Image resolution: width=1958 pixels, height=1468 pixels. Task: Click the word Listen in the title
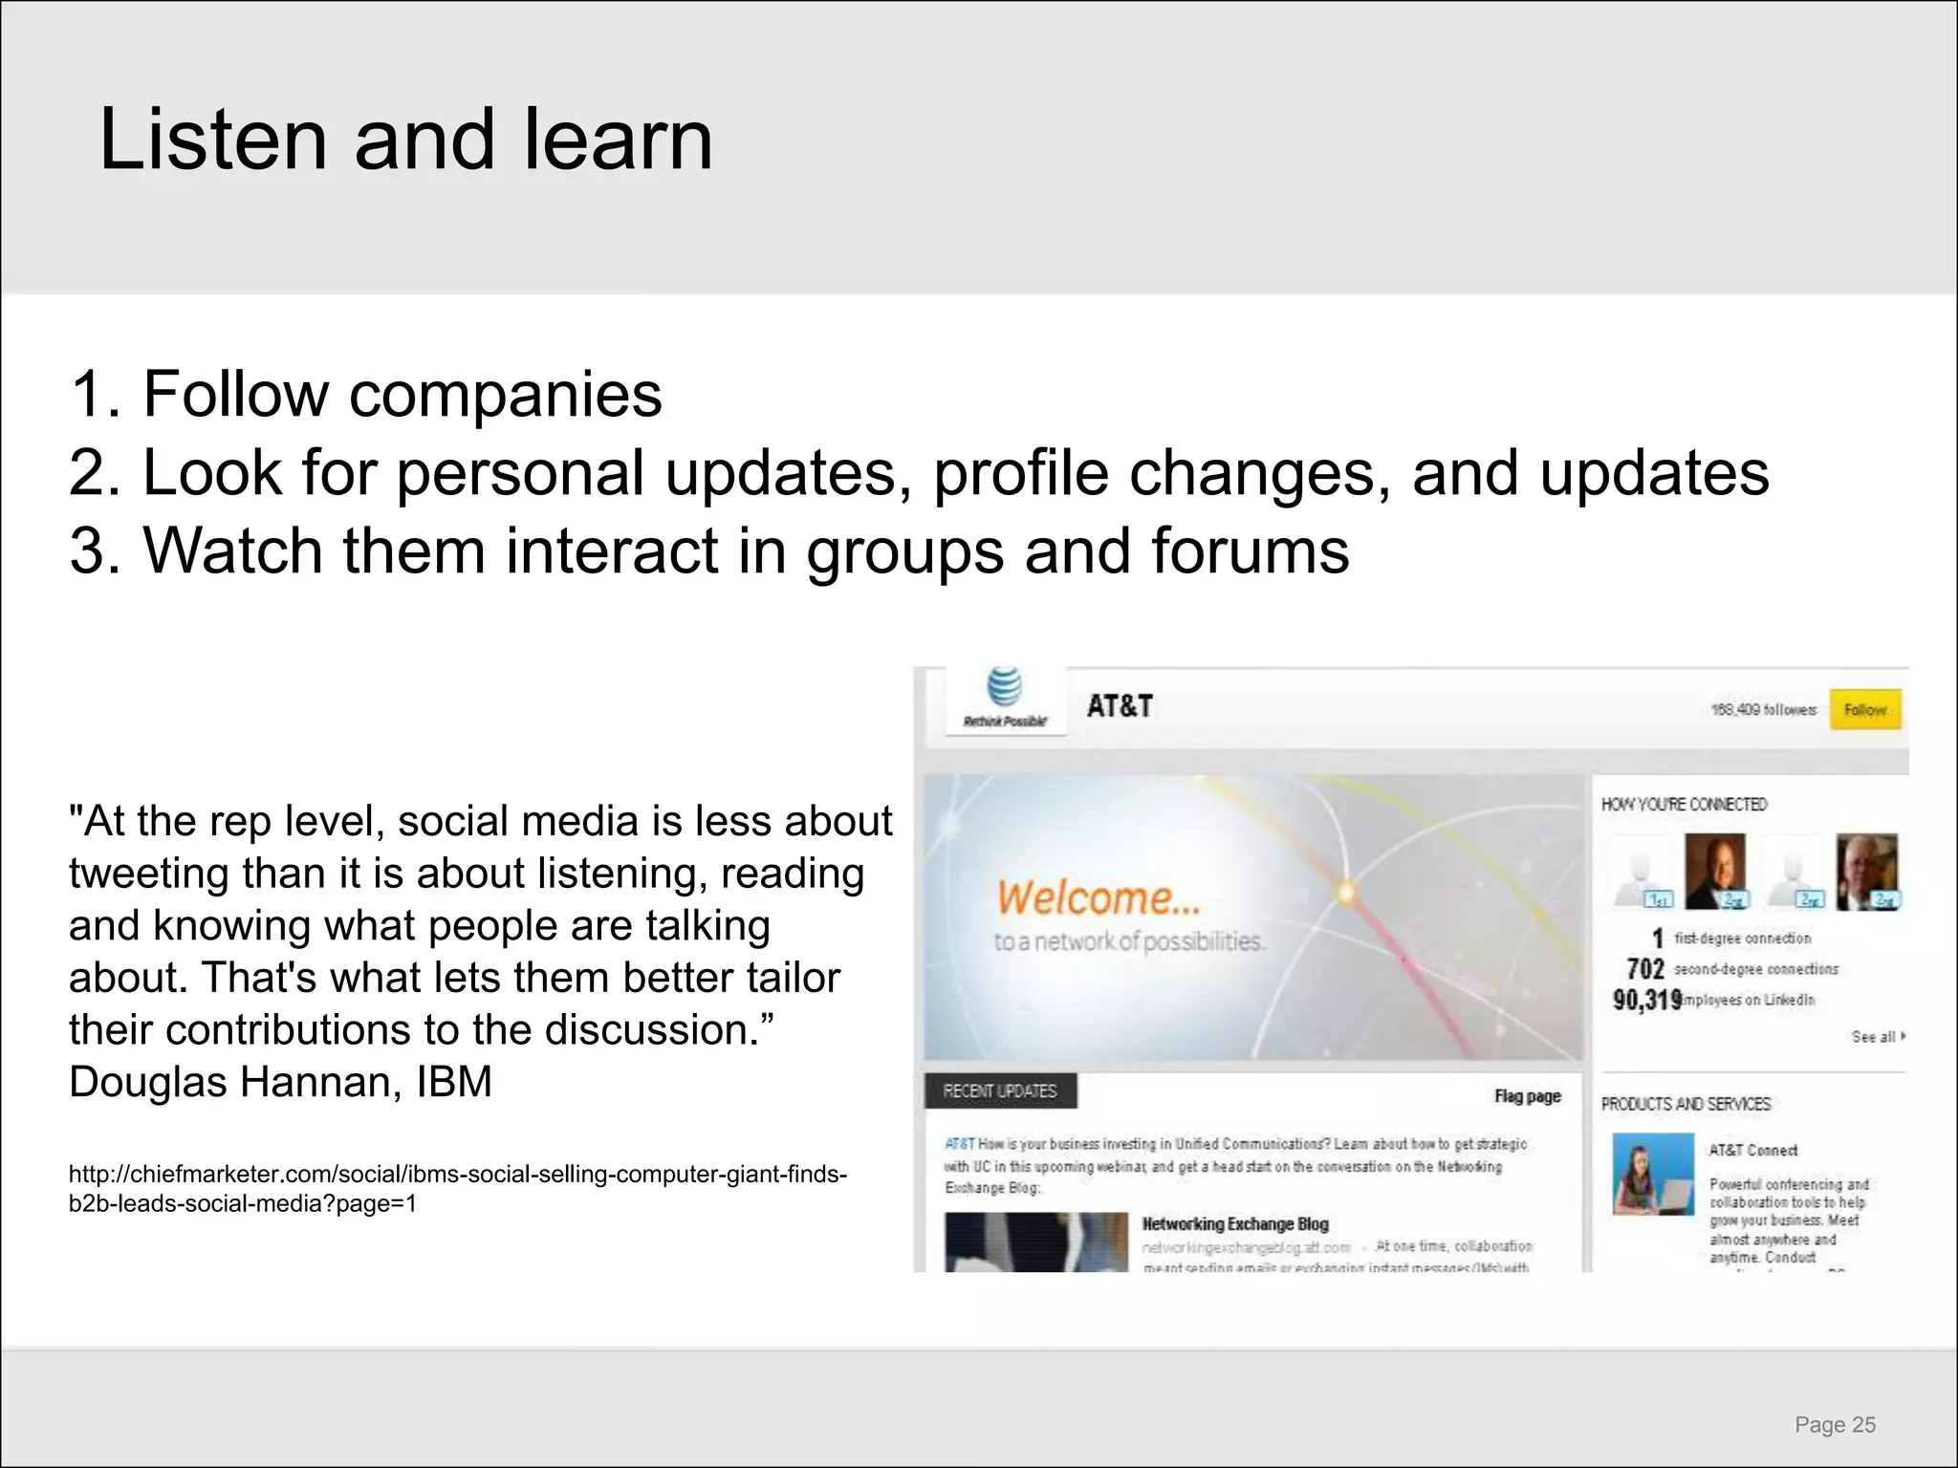coord(212,140)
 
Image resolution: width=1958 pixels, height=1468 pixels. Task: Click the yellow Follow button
coord(1864,710)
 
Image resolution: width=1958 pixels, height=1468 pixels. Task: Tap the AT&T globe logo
coord(1004,688)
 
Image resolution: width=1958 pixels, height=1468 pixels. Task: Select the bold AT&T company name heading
coord(1120,706)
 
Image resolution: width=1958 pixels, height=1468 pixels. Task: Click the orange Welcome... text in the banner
coord(1098,898)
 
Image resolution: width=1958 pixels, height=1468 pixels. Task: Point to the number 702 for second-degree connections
coord(1645,969)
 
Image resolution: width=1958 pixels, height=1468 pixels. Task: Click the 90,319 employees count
coord(1646,1000)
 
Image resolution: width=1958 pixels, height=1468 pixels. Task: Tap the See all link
coord(1877,1037)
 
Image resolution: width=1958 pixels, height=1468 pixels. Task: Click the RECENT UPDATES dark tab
coord(1000,1091)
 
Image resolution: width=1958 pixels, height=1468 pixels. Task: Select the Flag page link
coord(1527,1096)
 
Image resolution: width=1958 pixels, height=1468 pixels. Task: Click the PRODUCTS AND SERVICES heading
coord(1686,1104)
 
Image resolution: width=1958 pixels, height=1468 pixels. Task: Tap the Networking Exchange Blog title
coord(1235,1224)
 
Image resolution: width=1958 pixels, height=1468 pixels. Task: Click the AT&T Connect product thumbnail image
coord(1653,1174)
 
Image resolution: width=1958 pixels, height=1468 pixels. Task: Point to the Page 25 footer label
coord(1835,1425)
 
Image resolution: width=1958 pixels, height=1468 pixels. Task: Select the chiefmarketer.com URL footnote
coord(457,1188)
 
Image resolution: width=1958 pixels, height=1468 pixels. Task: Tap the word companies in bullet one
coord(505,395)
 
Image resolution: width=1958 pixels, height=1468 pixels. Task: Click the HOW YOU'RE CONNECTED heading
coord(1684,805)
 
